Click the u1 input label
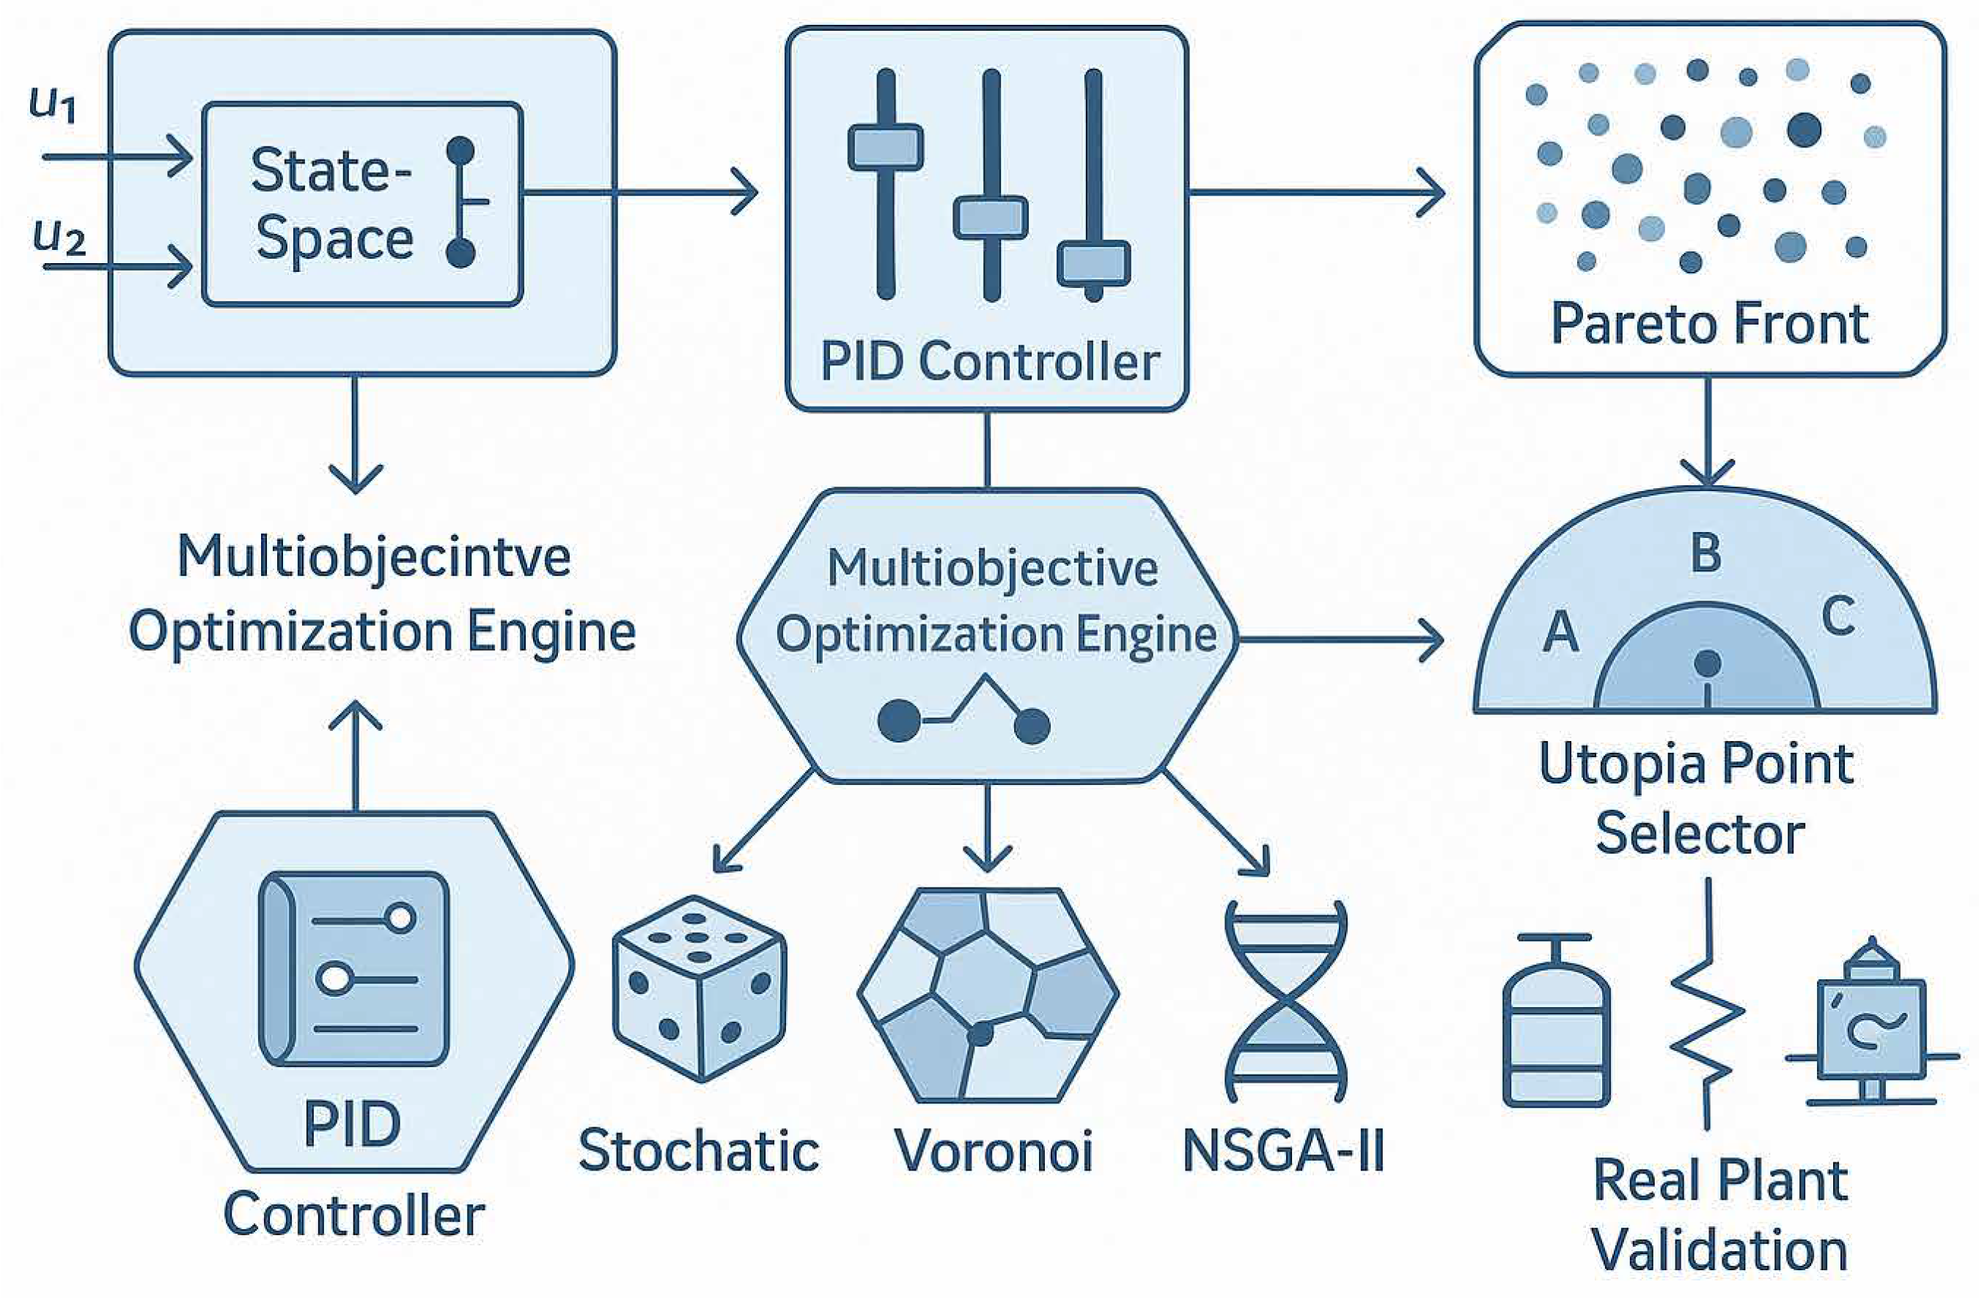[54, 104]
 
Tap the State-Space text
[333, 204]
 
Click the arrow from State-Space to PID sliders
[640, 193]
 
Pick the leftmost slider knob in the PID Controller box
[886, 147]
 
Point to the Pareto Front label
[1710, 324]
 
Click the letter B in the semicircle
[1706, 552]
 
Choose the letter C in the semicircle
[1838, 616]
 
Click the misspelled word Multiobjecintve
[374, 558]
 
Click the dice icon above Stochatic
[700, 989]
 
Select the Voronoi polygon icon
[988, 995]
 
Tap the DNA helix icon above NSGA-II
[1285, 1001]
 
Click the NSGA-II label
[1283, 1151]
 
